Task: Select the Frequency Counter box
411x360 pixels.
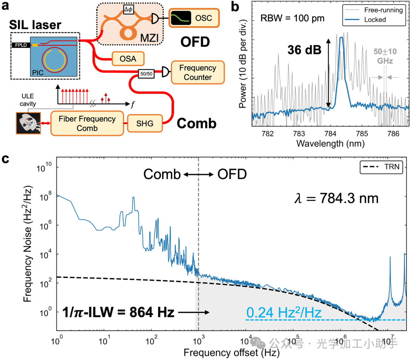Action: tap(198, 73)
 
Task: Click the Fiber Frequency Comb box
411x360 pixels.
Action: tap(87, 123)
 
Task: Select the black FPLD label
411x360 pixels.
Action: tap(22, 45)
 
